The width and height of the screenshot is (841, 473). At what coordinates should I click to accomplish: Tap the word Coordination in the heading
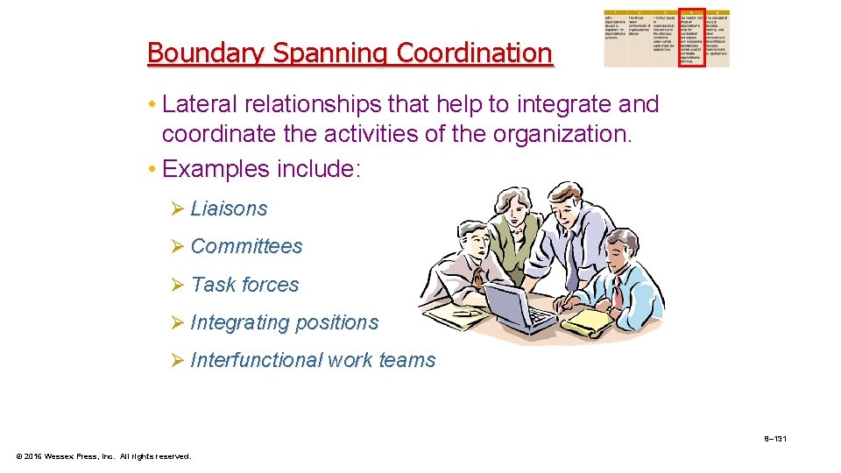point(474,53)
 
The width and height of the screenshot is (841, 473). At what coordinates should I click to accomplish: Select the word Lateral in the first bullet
point(196,105)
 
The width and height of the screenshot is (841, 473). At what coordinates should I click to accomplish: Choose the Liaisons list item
point(228,208)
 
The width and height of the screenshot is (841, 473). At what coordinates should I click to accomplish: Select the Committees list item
point(246,246)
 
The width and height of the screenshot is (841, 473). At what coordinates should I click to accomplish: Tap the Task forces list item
point(244,285)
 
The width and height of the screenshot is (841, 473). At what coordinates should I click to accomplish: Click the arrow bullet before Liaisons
point(177,208)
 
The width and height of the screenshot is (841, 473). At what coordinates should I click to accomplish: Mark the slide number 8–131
point(774,438)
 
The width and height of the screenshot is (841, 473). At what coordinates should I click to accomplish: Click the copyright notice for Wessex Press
point(102,455)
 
